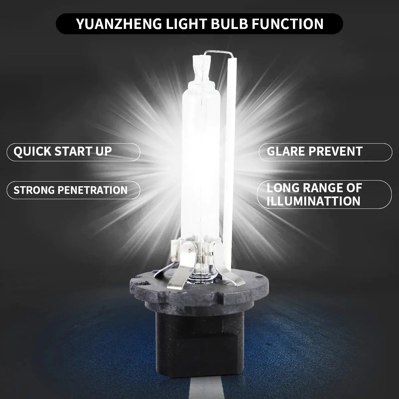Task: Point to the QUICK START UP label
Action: (63, 152)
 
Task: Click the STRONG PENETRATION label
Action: (70, 190)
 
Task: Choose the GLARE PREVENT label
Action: (314, 152)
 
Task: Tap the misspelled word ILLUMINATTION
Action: (313, 201)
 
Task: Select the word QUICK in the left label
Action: (32, 152)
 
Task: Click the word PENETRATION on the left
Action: (93, 190)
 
